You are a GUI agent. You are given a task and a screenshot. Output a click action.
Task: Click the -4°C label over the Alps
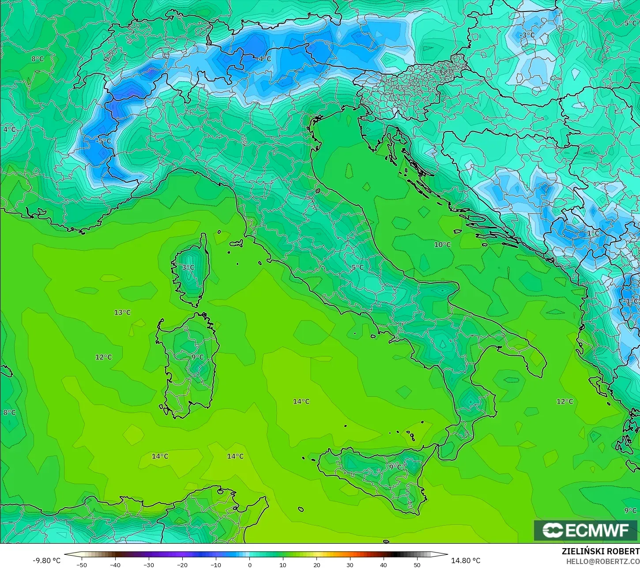pos(264,59)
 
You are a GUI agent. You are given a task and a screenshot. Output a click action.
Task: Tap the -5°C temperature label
pos(104,141)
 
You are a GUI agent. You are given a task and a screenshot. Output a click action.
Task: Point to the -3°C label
pos(527,35)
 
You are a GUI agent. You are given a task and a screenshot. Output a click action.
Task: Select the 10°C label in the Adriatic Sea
pos(442,245)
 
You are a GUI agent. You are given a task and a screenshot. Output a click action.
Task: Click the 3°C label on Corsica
pos(188,267)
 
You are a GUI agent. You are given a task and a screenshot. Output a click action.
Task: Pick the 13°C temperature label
pos(122,312)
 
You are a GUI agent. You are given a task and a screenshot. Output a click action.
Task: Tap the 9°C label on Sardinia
pos(197,357)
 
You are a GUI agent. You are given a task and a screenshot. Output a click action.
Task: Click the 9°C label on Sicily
pos(395,466)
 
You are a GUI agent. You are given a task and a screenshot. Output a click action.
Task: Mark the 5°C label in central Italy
pos(358,267)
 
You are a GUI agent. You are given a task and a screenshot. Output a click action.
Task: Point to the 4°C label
pos(9,129)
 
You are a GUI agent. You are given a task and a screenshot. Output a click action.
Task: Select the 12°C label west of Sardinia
pos(104,357)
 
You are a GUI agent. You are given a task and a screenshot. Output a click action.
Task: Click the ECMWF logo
pos(586,530)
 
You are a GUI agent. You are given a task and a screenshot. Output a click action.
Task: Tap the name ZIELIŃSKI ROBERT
pos(600,552)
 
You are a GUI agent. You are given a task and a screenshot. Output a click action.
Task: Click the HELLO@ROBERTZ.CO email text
pos(603,561)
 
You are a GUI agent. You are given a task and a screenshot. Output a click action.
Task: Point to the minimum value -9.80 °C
pos(46,560)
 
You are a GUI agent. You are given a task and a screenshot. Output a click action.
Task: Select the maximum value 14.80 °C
pos(466,560)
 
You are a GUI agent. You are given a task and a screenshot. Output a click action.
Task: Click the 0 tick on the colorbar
pos(249,564)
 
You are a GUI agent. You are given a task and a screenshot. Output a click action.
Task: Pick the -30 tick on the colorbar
pos(149,564)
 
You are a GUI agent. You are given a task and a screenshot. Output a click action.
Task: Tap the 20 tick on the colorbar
pos(316,564)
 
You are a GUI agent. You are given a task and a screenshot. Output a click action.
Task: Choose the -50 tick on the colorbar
pos(82,564)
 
